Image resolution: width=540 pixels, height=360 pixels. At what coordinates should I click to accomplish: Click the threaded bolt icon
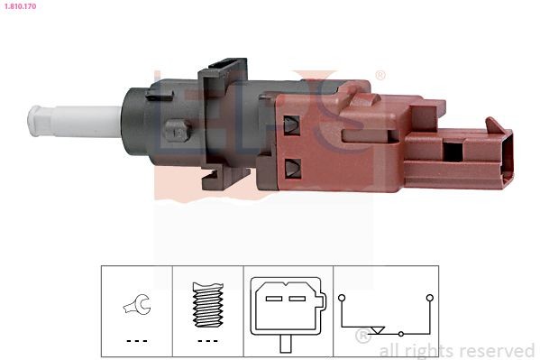pyautogui.click(x=208, y=305)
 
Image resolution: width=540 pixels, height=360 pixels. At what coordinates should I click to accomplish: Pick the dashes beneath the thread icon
pyautogui.click(x=208, y=340)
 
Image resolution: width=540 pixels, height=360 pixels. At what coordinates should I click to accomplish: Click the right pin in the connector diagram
pyautogui.click(x=298, y=297)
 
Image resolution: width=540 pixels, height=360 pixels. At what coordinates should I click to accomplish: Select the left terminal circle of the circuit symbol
pyautogui.click(x=342, y=297)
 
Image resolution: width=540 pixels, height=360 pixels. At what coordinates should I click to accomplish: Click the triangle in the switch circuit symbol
pyautogui.click(x=378, y=330)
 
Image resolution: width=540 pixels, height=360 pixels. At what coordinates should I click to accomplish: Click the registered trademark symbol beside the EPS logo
pyautogui.click(x=380, y=75)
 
